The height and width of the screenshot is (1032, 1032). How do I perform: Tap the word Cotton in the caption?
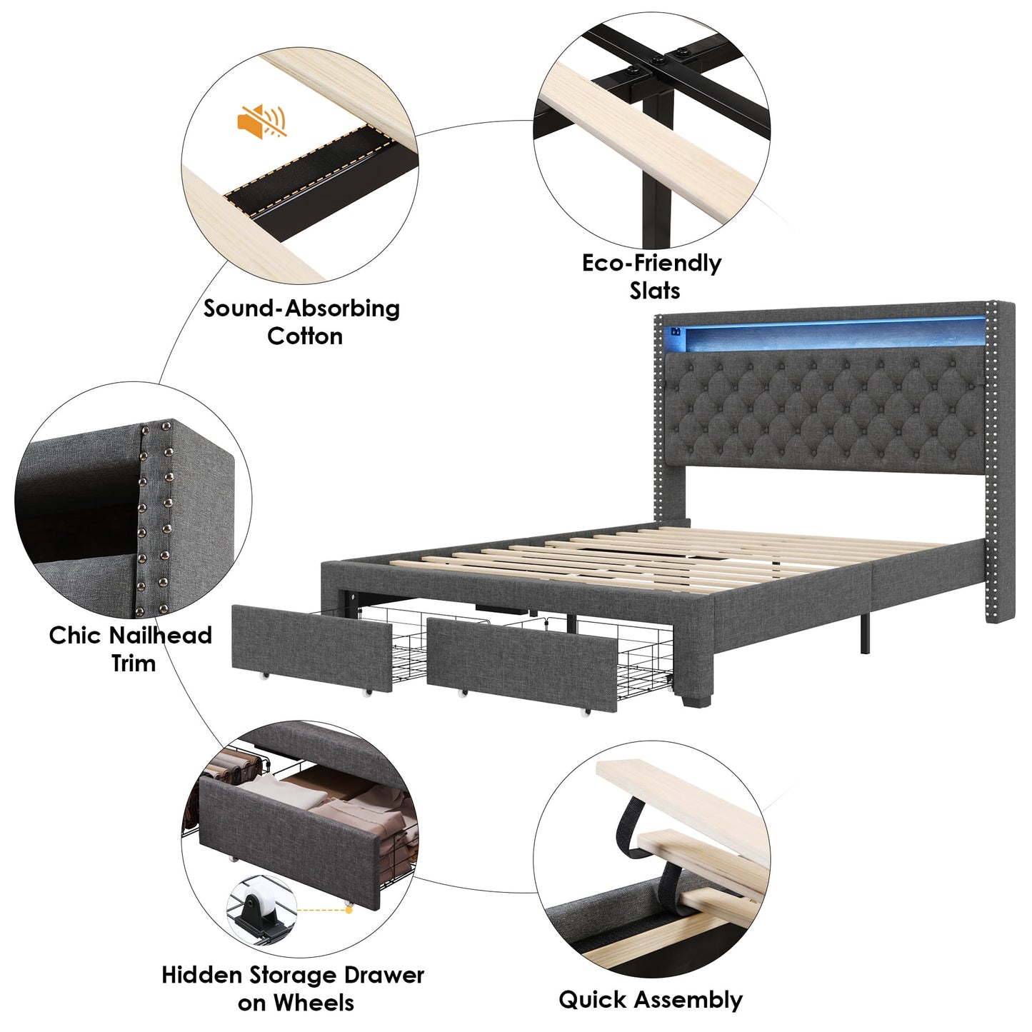pyautogui.click(x=305, y=336)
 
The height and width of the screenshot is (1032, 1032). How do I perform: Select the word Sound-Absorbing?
pyautogui.click(x=301, y=309)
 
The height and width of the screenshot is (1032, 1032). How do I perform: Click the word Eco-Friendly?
pyautogui.click(x=651, y=263)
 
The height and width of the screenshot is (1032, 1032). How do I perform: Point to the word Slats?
pyautogui.click(x=654, y=291)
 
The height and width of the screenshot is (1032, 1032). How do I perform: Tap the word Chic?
pyautogui.click(x=74, y=635)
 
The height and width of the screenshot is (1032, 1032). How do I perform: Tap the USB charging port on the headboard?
pyautogui.click(x=676, y=331)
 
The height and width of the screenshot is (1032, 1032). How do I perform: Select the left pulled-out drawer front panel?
pyautogui.click(x=312, y=646)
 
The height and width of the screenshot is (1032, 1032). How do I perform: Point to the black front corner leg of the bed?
pyautogui.click(x=693, y=696)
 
